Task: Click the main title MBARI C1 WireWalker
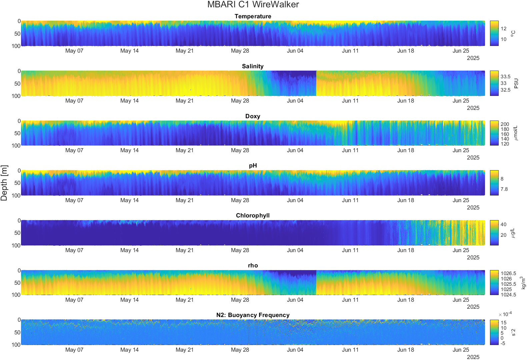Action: coord(253,4)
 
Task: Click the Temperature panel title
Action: coord(253,16)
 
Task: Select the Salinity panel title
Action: coord(253,66)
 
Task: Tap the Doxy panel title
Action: coord(253,116)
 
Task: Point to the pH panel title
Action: coord(253,166)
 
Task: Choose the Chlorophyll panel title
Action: coord(253,215)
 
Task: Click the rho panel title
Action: coord(253,265)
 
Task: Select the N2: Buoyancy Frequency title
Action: coord(253,315)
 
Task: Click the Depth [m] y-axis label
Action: coord(4,183)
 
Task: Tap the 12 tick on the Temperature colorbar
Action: coord(503,29)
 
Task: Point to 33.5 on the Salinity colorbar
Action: coord(505,77)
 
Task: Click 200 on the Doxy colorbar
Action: coord(505,124)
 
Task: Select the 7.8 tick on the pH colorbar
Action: coord(504,189)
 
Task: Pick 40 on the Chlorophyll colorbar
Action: coord(503,224)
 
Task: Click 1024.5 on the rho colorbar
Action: coord(508,295)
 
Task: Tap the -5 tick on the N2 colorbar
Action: coord(503,343)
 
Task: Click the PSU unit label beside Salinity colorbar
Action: coord(516,83)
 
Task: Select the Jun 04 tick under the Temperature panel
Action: coord(295,51)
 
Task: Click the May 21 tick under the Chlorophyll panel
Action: coord(184,250)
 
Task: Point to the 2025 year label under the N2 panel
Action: coord(473,357)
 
